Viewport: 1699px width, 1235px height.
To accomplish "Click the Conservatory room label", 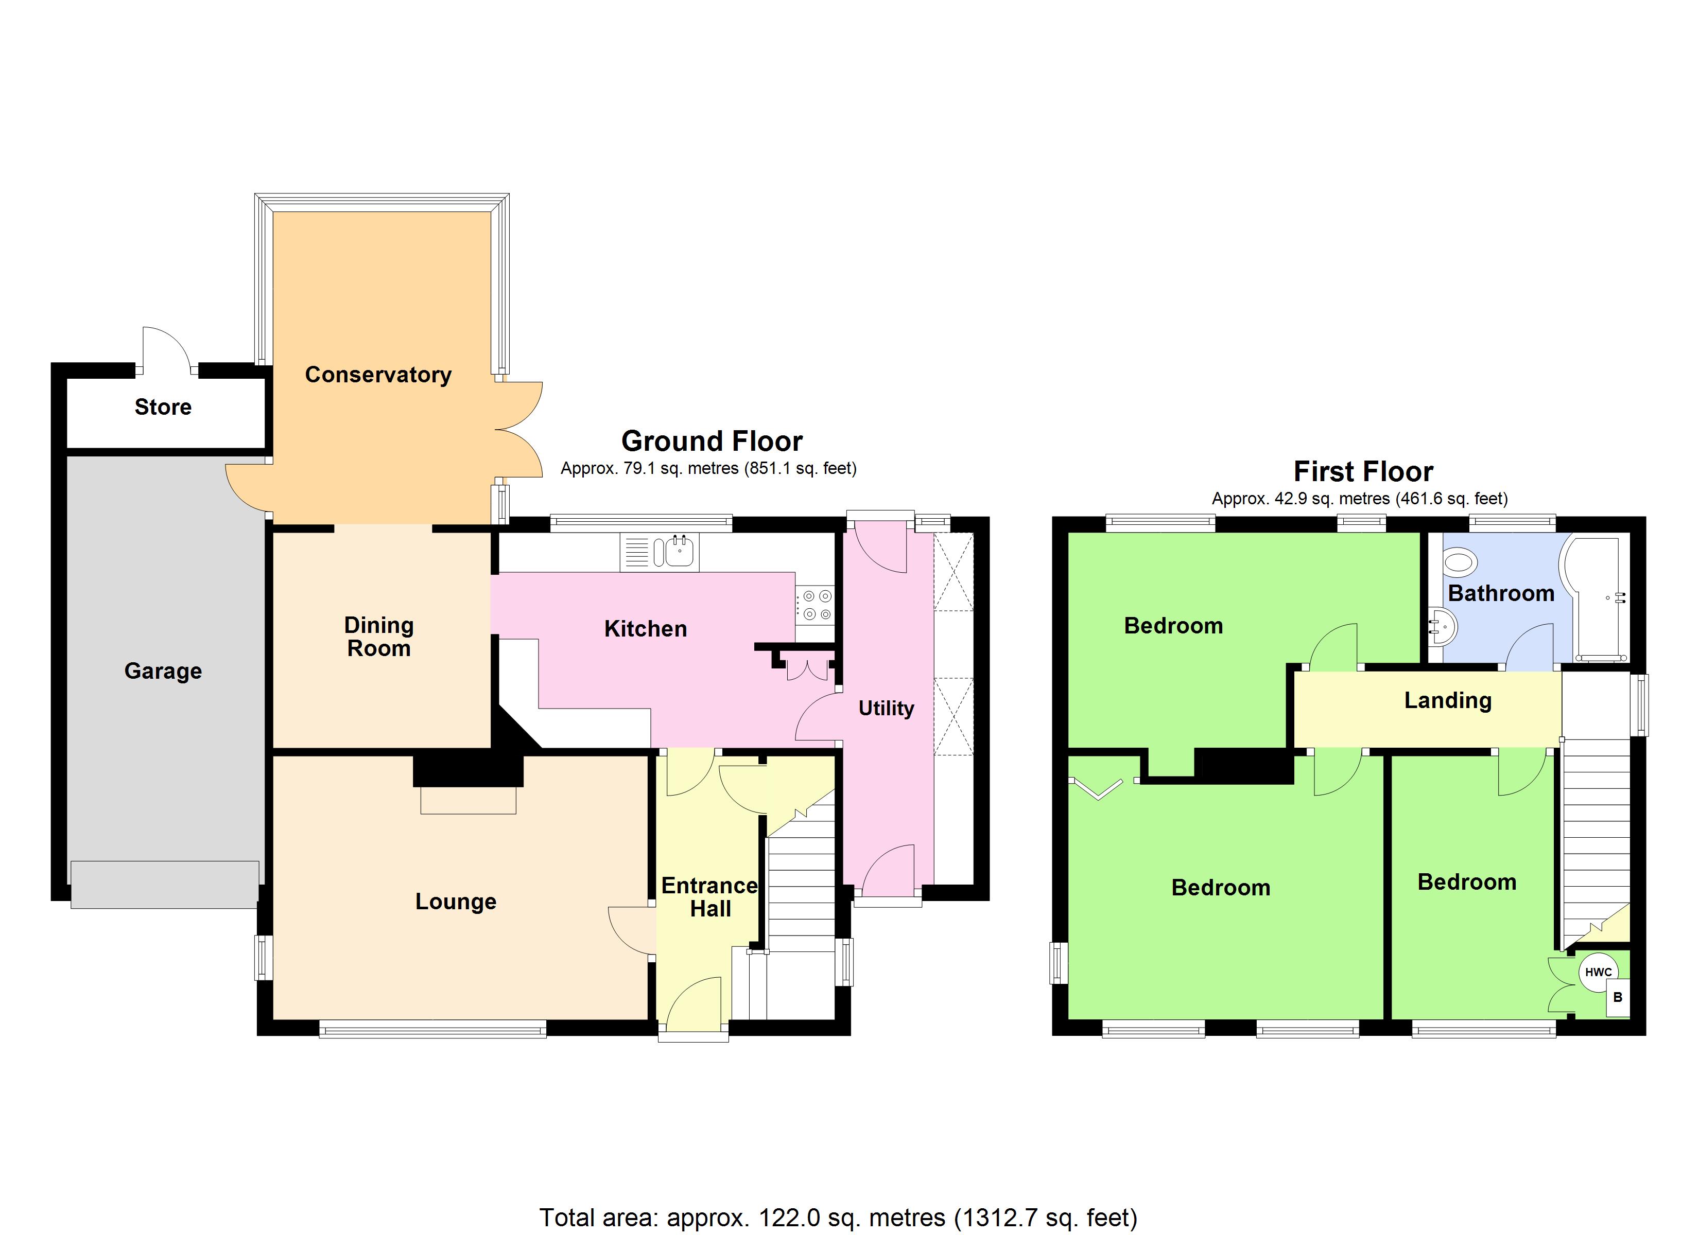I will [x=378, y=375].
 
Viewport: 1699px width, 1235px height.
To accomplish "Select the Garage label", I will [x=163, y=671].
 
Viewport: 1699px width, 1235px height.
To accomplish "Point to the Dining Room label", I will [x=379, y=637].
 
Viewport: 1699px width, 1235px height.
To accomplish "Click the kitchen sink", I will [x=679, y=553].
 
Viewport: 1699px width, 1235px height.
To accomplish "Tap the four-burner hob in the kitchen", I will [x=815, y=605].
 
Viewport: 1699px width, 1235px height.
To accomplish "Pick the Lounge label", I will [x=456, y=901].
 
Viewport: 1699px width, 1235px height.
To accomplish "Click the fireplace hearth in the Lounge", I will [x=468, y=799].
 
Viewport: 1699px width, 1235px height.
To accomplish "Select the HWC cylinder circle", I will [x=1598, y=972].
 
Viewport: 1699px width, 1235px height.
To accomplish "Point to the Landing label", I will [x=1447, y=700].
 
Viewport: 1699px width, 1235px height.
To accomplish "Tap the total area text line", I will [x=838, y=1217].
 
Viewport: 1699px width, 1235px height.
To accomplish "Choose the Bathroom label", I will [x=1500, y=593].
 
